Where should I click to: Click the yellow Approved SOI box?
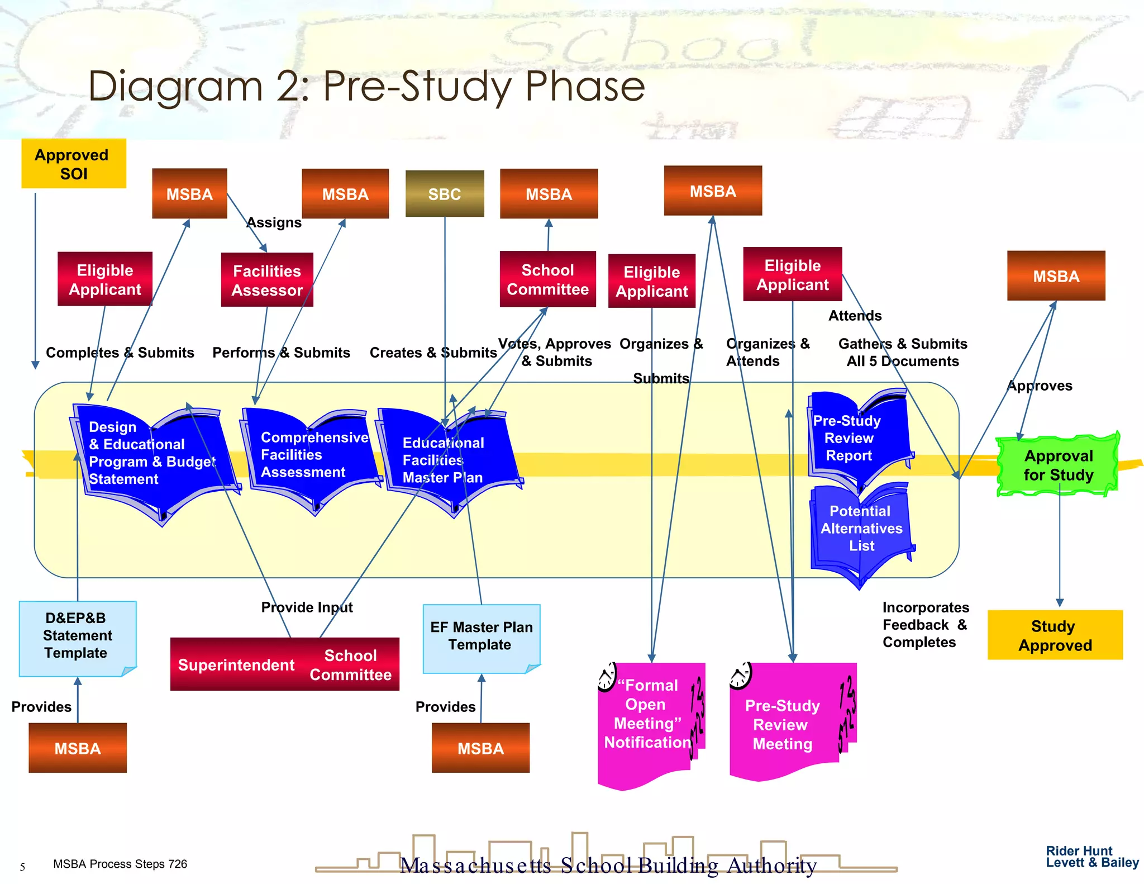[x=74, y=164]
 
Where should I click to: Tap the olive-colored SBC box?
[x=445, y=194]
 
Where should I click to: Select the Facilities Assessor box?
[x=267, y=280]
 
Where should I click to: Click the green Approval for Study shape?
[x=1058, y=465]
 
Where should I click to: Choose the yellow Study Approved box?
[x=1055, y=635]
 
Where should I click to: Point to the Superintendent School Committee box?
[x=284, y=664]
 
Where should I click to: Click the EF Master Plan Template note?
[x=481, y=638]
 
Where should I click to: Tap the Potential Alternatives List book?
[x=861, y=530]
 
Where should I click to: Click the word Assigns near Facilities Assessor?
[x=274, y=222]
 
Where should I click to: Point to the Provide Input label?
[x=307, y=607]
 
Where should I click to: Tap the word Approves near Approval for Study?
[x=1040, y=386]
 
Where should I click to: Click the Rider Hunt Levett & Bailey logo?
[x=1091, y=857]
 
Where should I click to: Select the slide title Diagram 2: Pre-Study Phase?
[x=366, y=87]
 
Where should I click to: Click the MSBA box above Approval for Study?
[x=1056, y=276]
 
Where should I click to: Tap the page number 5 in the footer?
[x=22, y=867]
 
